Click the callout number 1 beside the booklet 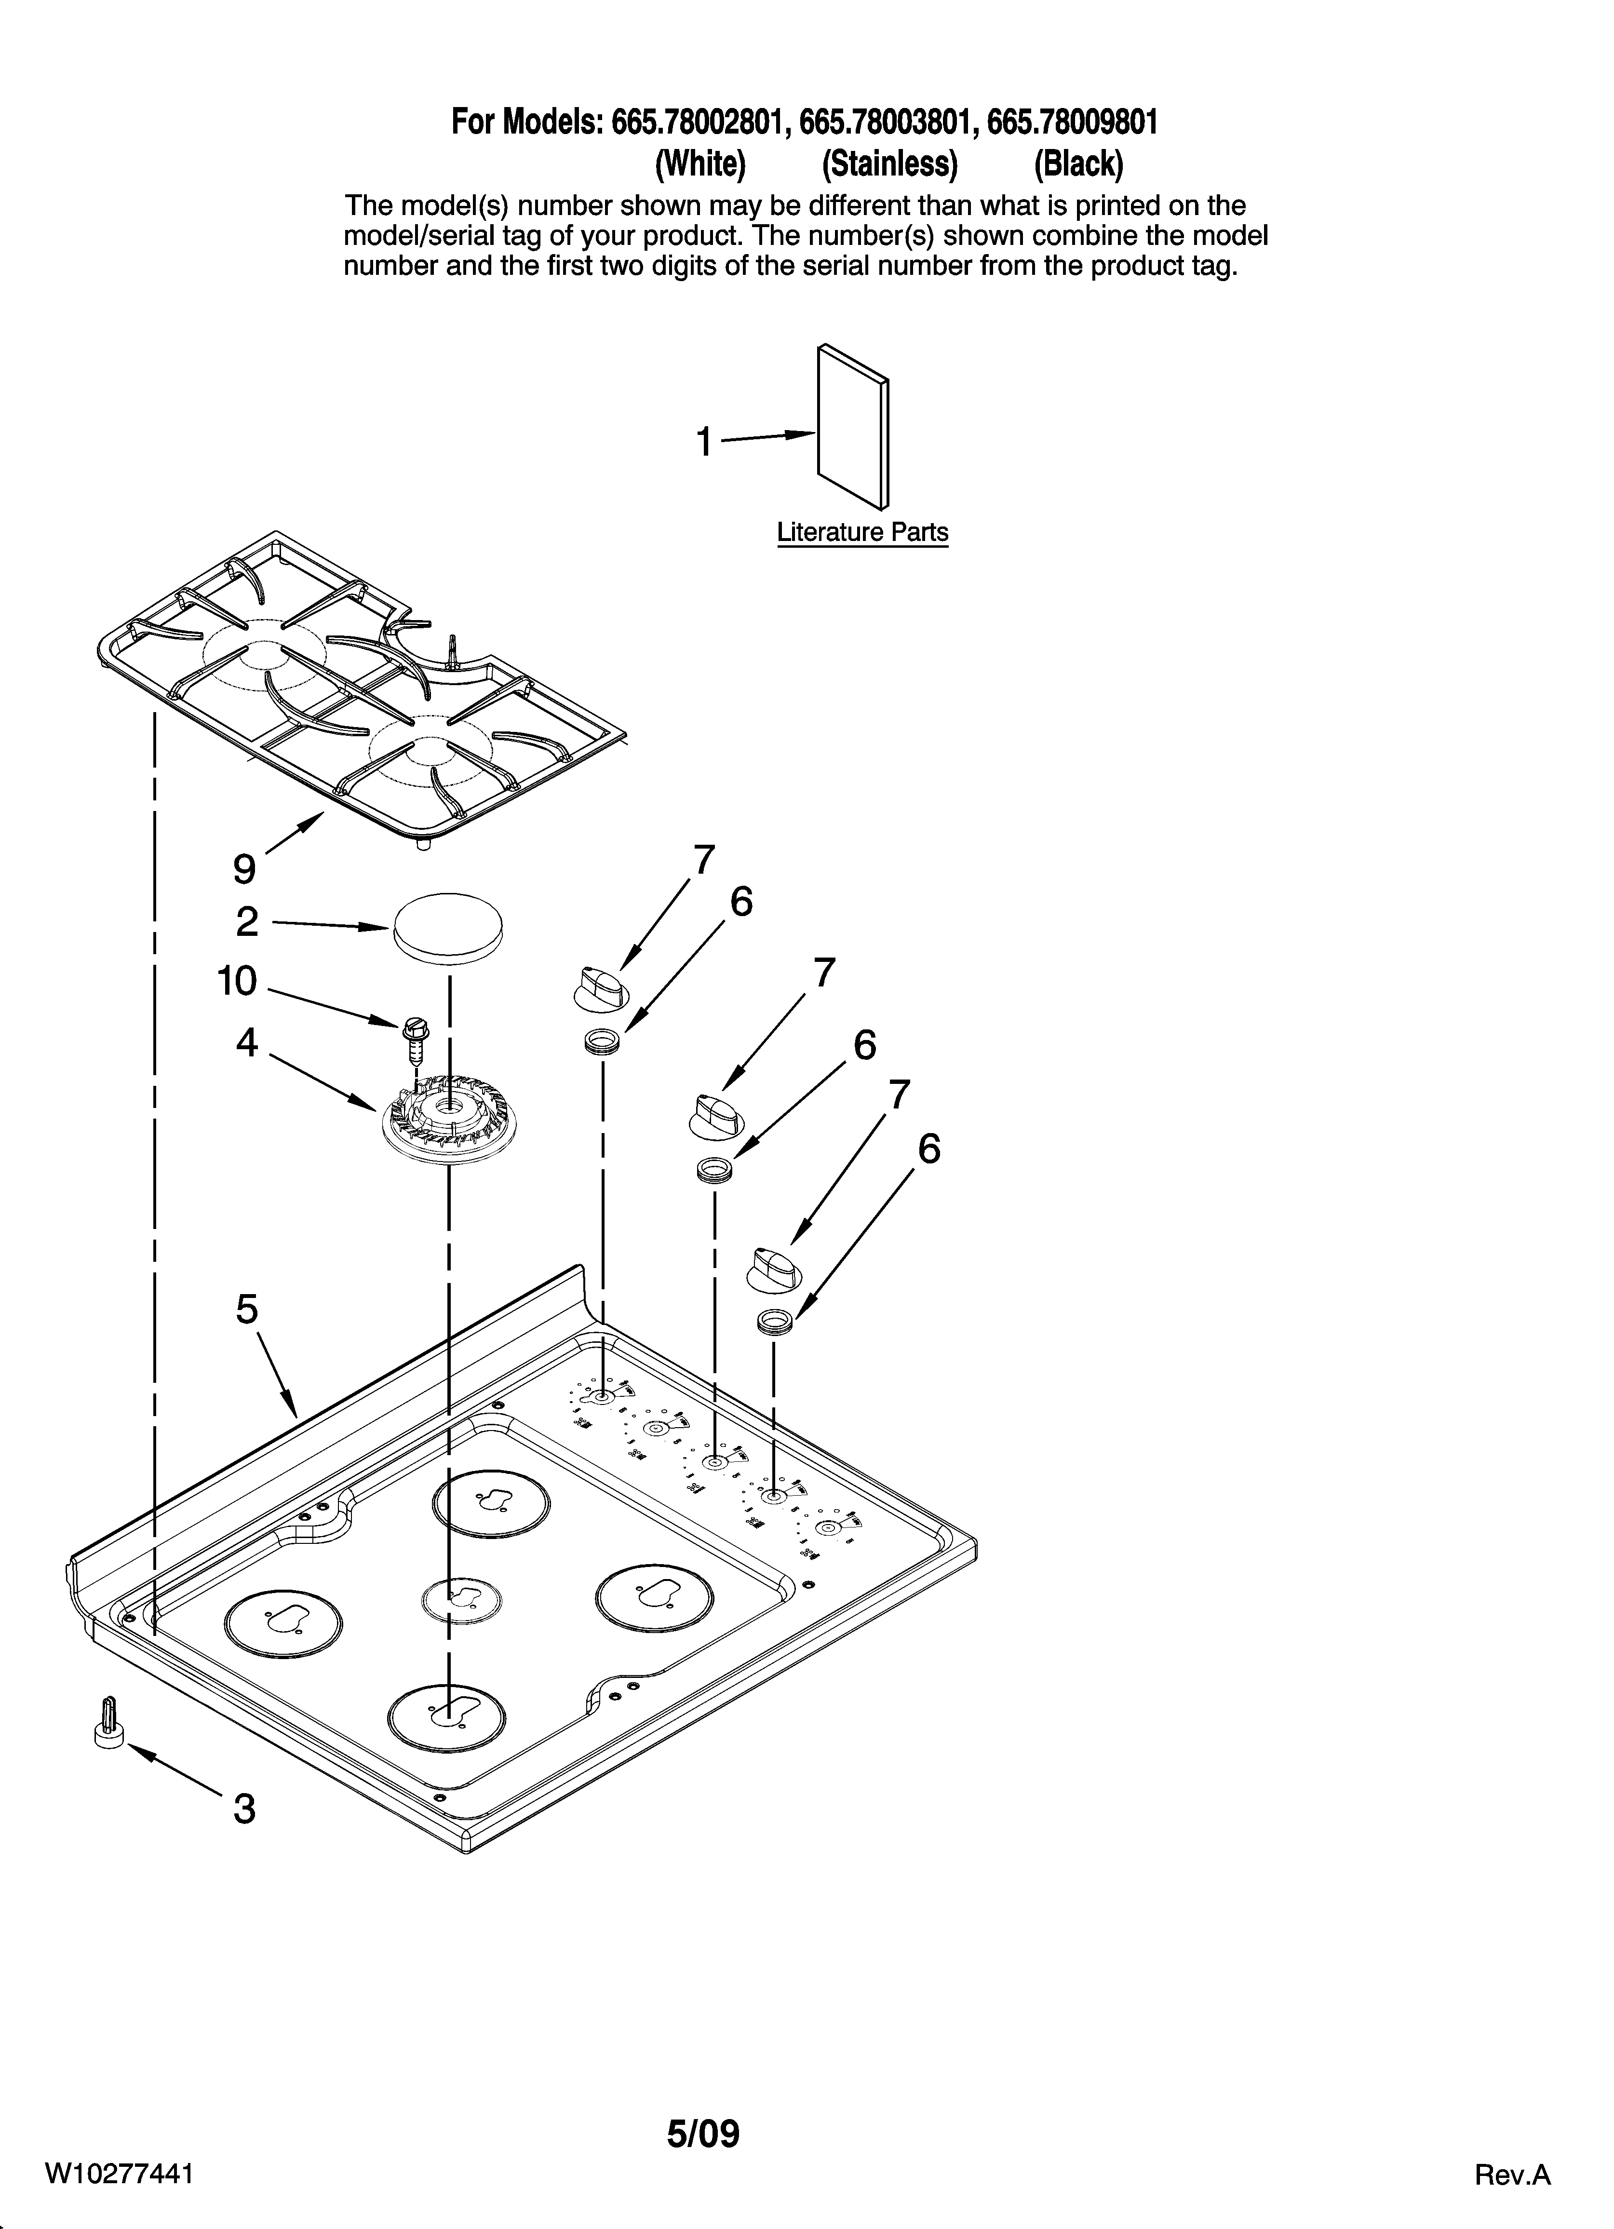(x=704, y=442)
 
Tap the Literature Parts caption (x=862, y=533)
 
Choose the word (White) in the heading (x=700, y=164)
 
